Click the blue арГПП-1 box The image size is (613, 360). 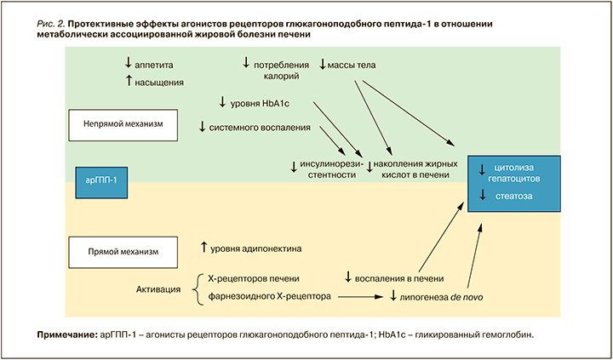[x=101, y=180]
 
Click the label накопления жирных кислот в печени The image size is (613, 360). [x=416, y=169]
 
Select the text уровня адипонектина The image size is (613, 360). [x=256, y=248]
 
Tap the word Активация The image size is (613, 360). [x=158, y=289]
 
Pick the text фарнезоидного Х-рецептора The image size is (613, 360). [x=267, y=297]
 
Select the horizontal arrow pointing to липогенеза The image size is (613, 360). [x=358, y=297]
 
